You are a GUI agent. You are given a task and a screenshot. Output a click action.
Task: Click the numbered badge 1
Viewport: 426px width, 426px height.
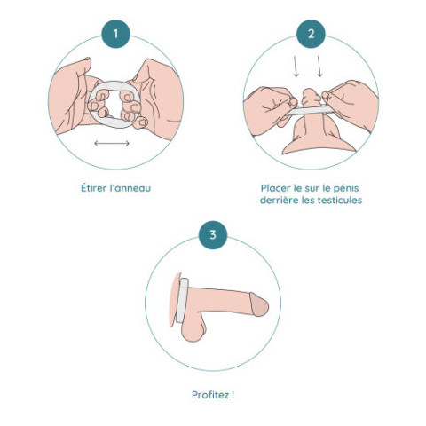click(x=115, y=34)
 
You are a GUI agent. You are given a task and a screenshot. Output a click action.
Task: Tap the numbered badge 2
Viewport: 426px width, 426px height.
click(x=311, y=34)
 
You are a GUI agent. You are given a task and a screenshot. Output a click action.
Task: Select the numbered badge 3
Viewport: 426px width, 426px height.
click(x=213, y=235)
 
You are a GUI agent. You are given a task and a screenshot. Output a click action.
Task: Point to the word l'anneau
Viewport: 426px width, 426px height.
click(x=130, y=188)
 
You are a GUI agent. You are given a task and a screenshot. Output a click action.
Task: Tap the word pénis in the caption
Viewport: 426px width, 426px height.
click(x=346, y=189)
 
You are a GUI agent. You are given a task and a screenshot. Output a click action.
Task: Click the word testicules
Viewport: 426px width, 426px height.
click(x=340, y=201)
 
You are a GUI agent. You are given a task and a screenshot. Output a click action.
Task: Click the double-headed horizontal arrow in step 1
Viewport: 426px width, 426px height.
click(x=112, y=144)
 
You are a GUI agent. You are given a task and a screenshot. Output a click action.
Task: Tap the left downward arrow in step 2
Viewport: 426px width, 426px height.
click(x=296, y=67)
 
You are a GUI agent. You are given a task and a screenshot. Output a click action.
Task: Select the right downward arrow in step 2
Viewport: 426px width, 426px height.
click(x=319, y=67)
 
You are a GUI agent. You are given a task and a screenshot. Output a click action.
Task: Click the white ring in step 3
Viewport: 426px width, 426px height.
click(x=182, y=300)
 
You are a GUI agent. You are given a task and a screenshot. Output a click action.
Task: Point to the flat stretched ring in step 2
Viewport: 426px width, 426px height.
click(x=309, y=110)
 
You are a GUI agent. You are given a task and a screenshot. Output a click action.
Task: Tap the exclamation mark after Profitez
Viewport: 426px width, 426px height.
click(x=233, y=395)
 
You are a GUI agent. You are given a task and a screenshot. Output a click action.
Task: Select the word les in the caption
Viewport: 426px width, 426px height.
click(x=308, y=201)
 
